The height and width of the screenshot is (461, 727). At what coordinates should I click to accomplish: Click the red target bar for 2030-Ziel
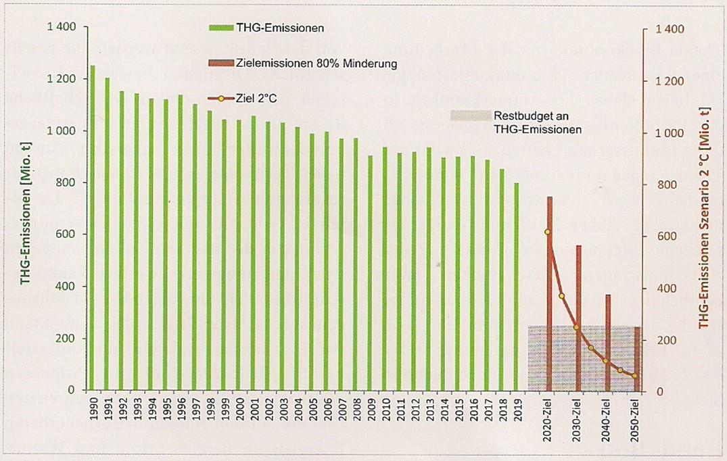pos(578,318)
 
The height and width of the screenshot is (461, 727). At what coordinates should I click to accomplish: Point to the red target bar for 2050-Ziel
pos(636,359)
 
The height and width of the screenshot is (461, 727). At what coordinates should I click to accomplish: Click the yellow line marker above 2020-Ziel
pos(547,232)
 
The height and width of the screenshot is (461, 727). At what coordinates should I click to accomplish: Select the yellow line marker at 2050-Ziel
pos(634,376)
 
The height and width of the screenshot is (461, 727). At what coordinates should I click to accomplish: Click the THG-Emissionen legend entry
pos(266,28)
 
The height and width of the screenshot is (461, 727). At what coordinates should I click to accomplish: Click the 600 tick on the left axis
pos(68,235)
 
